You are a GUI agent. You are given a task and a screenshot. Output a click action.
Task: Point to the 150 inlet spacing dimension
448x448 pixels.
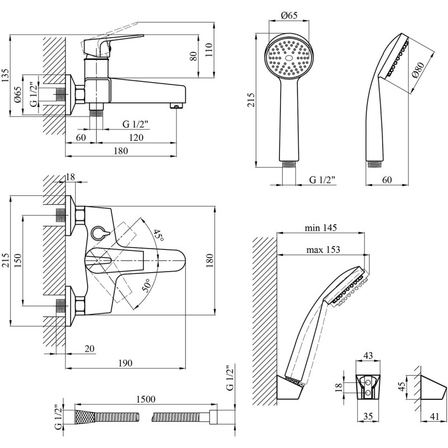[x=17, y=259]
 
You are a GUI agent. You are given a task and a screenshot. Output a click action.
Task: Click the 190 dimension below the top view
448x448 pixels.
[x=125, y=363]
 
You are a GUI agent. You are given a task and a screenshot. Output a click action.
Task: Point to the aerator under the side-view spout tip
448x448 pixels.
[x=176, y=106]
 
